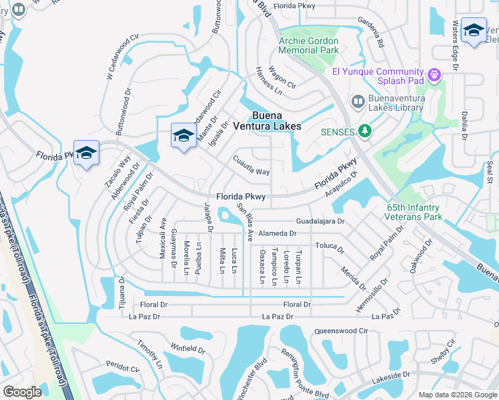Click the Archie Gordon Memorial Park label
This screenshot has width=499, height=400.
308,45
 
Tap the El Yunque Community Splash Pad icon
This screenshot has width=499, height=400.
435,75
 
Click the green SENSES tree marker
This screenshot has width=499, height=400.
364,131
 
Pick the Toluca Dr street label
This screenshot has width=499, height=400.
330,246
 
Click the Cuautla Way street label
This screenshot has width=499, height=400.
252,166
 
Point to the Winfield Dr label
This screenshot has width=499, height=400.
187,348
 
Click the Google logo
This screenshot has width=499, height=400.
22,391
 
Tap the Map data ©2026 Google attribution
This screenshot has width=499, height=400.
457,395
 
